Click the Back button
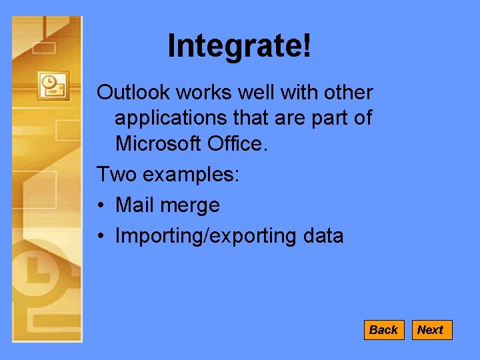[x=383, y=330]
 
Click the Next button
[x=431, y=330]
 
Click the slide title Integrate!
[x=239, y=46]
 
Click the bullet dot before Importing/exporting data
[x=101, y=236]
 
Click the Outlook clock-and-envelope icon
[x=53, y=85]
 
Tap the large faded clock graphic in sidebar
[x=37, y=273]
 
